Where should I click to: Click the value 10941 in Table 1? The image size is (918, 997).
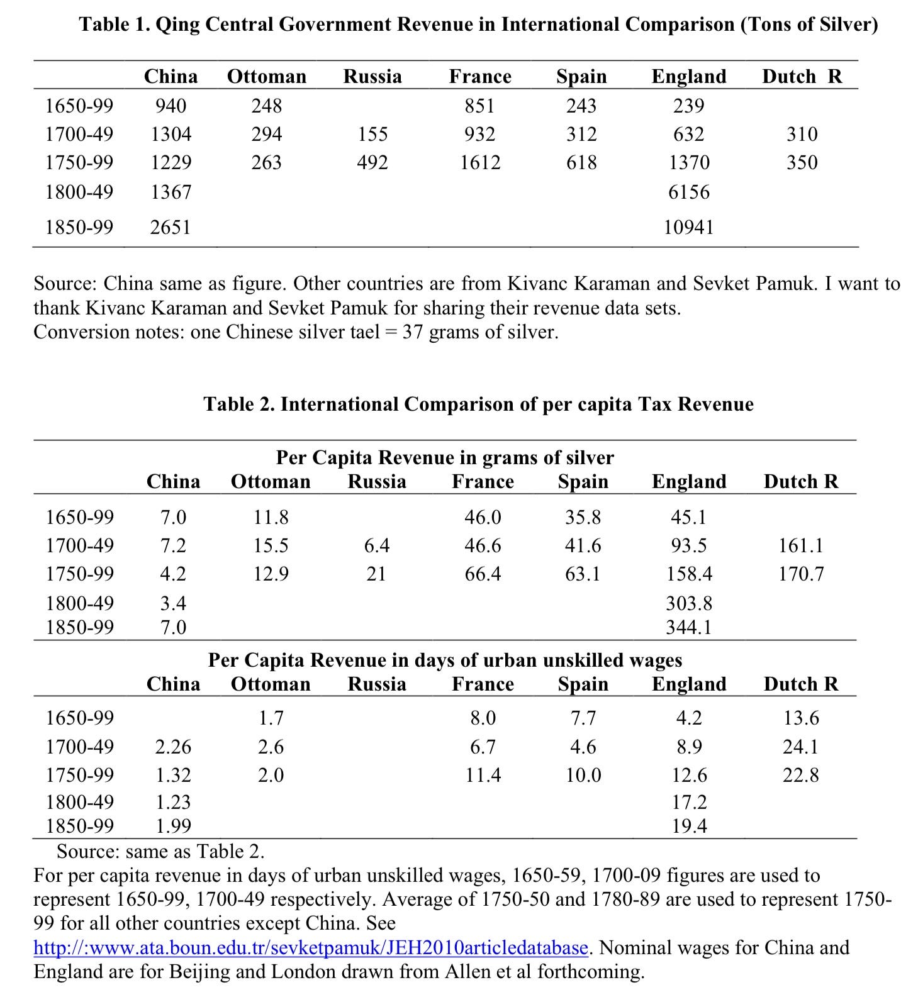coord(689,227)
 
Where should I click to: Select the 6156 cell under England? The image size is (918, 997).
coord(689,192)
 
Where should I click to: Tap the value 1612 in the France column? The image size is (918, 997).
coord(480,163)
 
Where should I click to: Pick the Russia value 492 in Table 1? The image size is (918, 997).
coord(372,163)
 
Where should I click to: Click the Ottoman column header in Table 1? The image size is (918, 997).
coord(267,77)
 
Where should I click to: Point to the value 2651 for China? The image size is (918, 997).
coord(171,227)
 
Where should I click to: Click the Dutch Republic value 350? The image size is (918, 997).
coord(802,163)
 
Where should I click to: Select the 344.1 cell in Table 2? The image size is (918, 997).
coord(689,627)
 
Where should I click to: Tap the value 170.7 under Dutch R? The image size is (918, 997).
coord(801,574)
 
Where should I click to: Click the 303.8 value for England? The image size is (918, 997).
coord(689,603)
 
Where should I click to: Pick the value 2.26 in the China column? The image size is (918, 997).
coord(173,747)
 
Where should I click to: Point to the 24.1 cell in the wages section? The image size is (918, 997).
coord(801,747)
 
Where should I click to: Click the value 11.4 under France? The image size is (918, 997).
coord(483,775)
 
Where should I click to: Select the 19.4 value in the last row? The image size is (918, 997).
coord(689,826)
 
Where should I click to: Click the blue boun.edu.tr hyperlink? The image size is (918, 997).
coord(311,947)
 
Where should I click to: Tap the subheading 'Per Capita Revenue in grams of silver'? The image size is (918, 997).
coord(445,457)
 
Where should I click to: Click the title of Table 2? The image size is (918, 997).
coord(478,404)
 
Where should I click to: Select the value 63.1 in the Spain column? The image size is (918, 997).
coord(583,574)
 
